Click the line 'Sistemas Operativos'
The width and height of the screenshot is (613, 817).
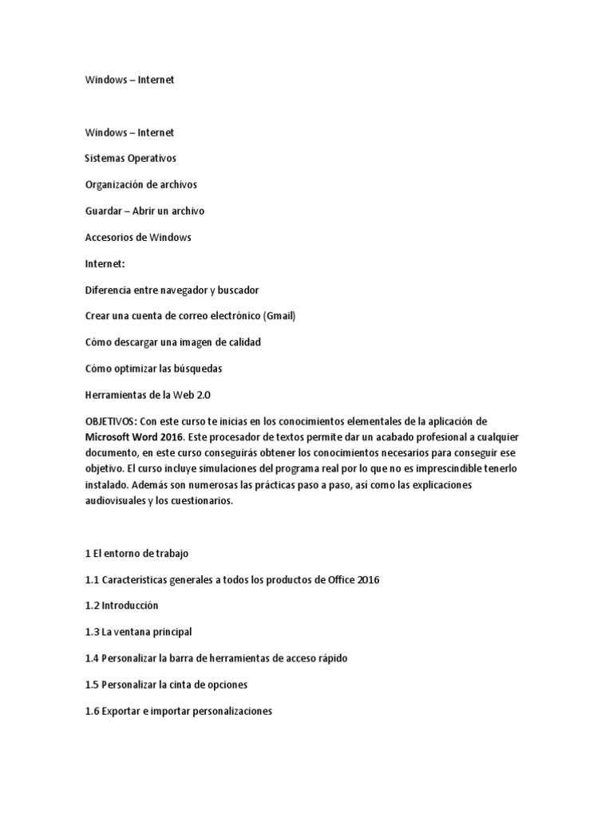pos(131,159)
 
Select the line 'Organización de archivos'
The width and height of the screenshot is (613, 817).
pos(140,185)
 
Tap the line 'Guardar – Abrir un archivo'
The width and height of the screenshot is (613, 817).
pos(144,211)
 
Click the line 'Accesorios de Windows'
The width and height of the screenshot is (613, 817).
pos(138,238)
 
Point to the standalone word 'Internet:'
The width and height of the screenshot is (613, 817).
pos(105,263)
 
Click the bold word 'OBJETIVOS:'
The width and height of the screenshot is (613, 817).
pos(111,421)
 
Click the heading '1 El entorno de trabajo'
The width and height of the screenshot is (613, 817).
pos(136,553)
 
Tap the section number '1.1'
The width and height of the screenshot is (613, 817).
pos(93,579)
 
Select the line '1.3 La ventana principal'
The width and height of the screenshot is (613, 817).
pos(138,632)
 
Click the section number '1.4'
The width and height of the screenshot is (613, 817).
pos(93,658)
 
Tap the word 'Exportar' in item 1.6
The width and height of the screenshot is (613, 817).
pos(122,711)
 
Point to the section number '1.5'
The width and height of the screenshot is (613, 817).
pos(93,685)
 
